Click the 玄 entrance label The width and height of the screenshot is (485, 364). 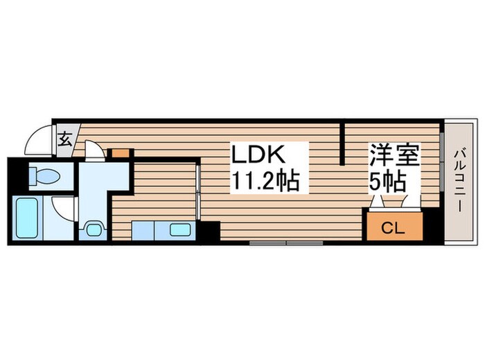64,138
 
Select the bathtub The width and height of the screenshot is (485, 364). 27,217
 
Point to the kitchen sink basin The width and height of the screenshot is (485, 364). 180,230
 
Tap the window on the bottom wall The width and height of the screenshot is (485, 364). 285,243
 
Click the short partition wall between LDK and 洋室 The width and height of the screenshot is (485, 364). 342,144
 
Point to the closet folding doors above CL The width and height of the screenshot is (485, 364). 393,202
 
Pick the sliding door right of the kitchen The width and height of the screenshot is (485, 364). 199,194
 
